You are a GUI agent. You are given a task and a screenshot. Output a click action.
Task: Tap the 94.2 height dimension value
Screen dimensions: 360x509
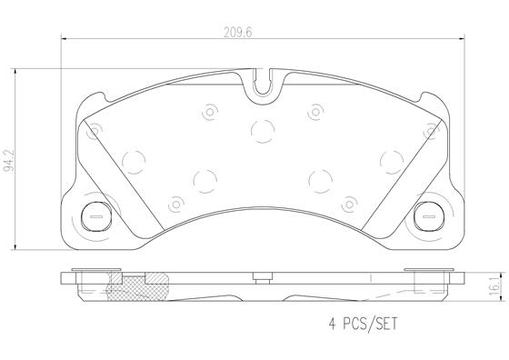[8, 160]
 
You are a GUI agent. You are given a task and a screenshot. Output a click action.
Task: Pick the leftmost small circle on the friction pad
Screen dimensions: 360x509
[93, 133]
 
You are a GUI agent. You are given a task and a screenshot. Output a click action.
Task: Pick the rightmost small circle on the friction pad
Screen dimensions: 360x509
[428, 133]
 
